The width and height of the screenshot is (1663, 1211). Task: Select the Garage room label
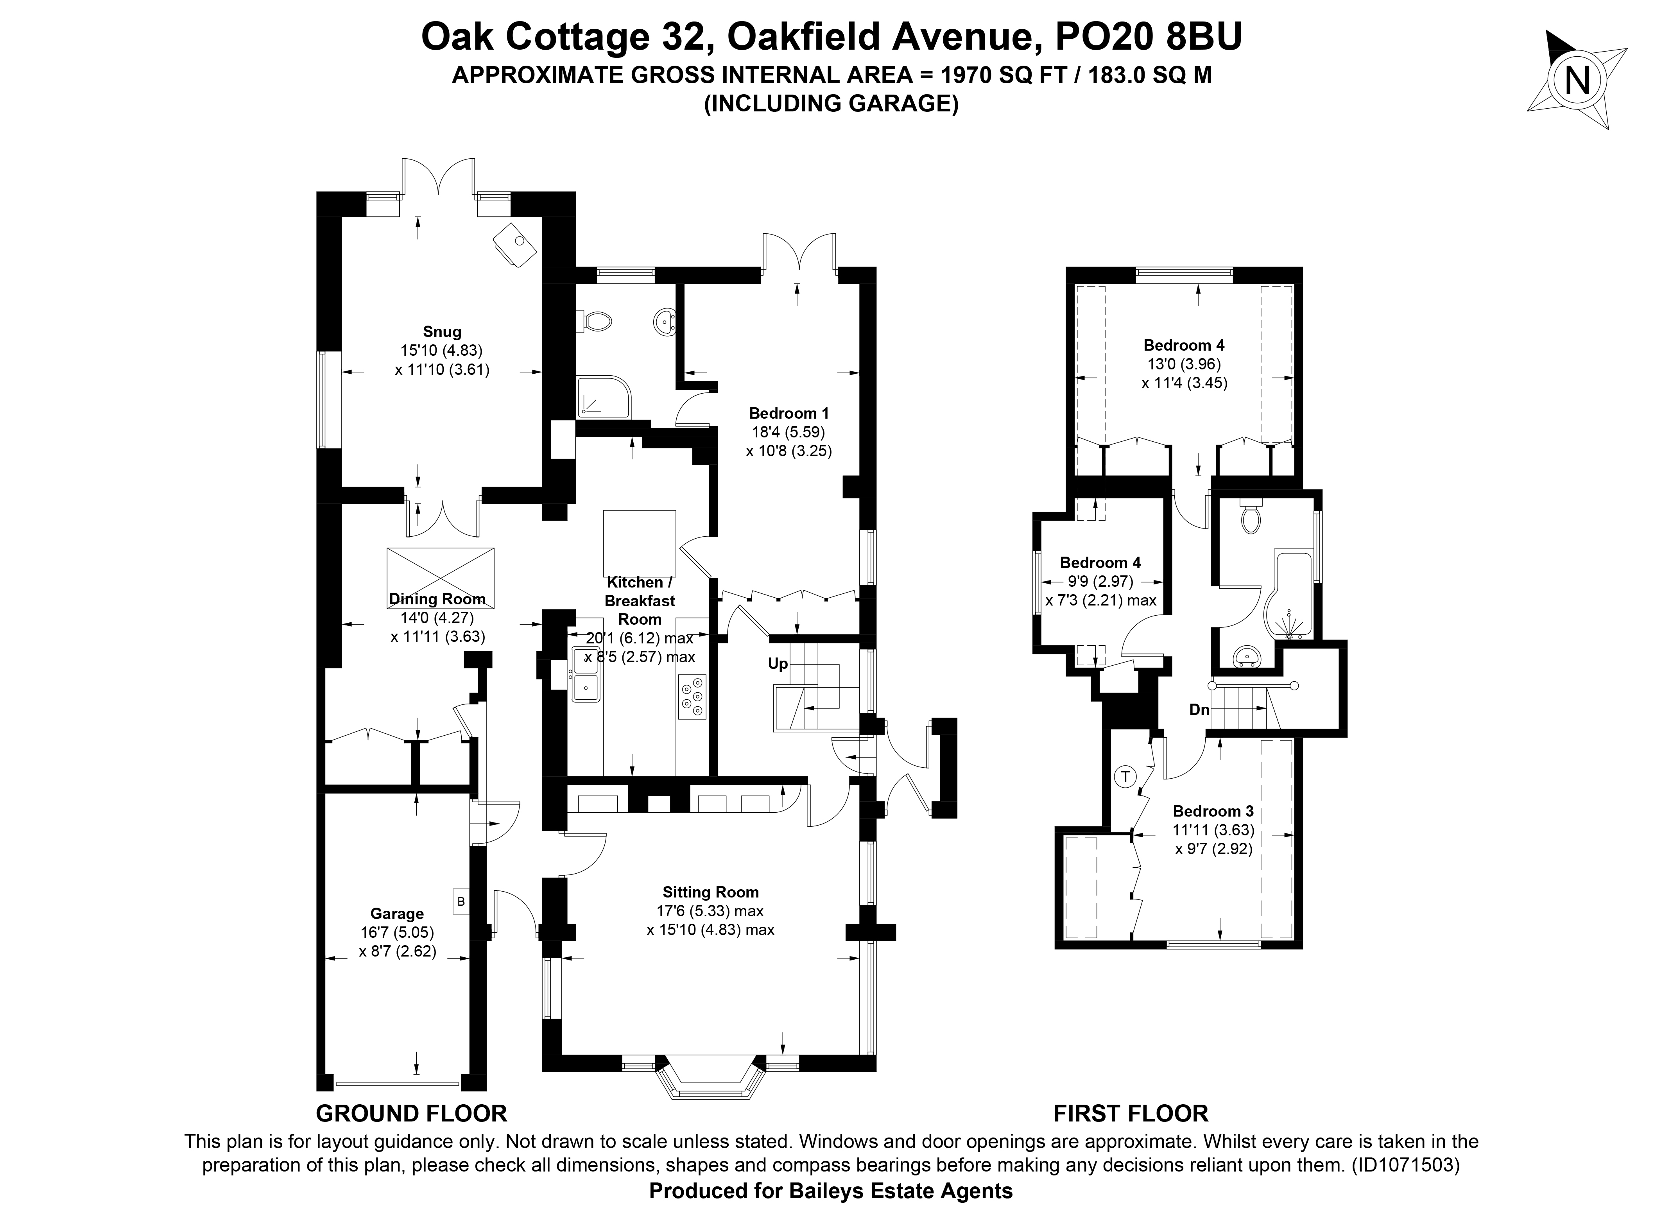point(397,914)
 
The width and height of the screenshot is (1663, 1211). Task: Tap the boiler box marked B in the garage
point(461,901)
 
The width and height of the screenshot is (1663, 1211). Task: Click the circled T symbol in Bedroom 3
point(1125,776)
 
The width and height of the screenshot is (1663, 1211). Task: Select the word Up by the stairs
point(777,663)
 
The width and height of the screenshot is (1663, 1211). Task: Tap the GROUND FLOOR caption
point(411,1114)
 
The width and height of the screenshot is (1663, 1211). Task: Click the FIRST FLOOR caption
point(1131,1114)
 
